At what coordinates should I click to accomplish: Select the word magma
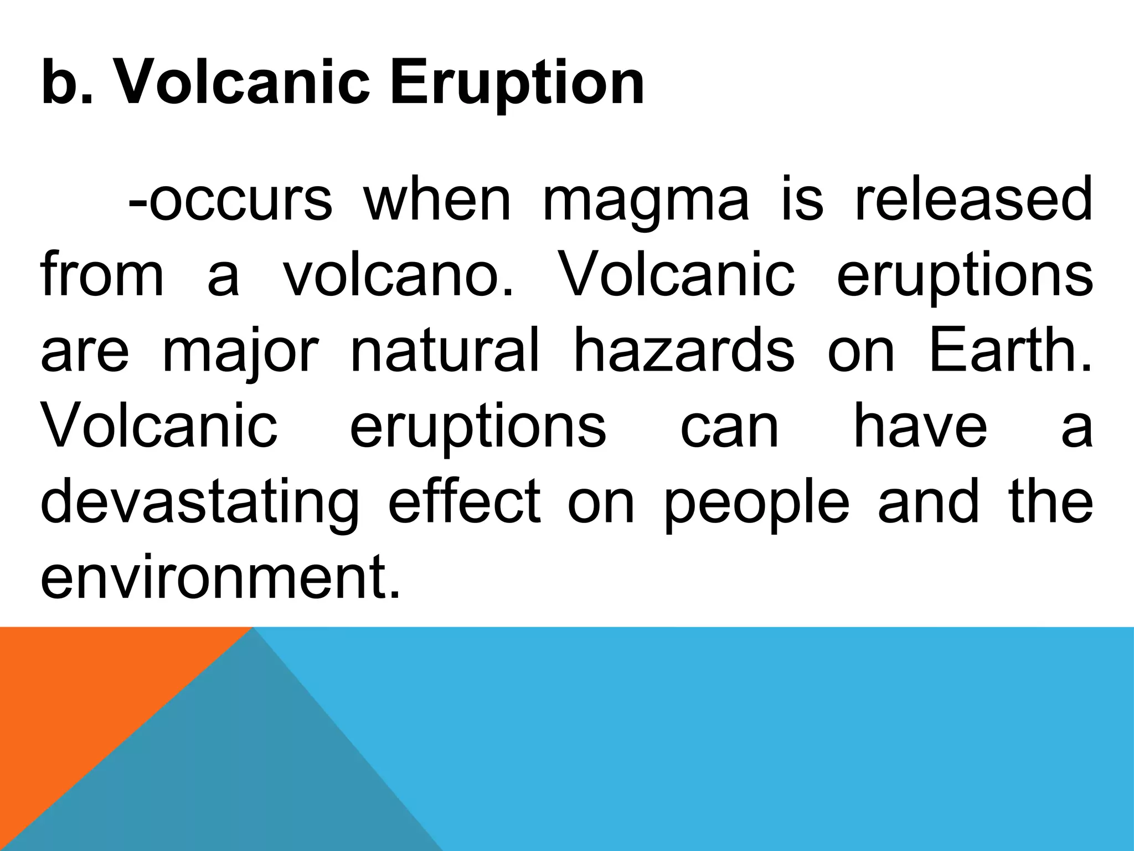(x=646, y=199)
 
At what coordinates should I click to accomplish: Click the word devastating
(x=200, y=503)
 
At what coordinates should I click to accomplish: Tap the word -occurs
(x=230, y=199)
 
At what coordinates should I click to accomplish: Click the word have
(x=920, y=427)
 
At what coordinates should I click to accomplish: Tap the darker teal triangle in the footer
(x=249, y=776)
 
